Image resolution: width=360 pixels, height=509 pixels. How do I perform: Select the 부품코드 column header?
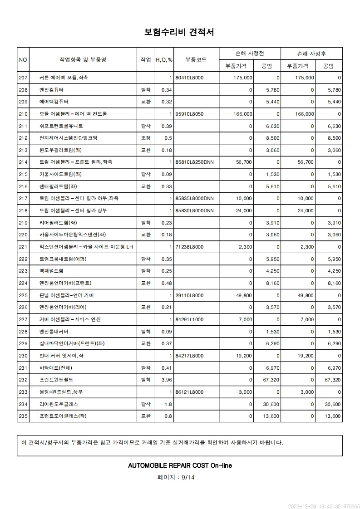tap(196, 59)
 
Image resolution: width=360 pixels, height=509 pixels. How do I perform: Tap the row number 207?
tap(23, 78)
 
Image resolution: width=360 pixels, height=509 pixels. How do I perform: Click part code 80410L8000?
tap(189, 78)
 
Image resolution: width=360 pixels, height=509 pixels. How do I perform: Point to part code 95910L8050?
tap(189, 114)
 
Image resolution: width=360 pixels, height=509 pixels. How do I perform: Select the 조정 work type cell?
tap(146, 138)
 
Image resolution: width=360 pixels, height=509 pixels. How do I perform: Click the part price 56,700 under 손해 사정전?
tap(243, 162)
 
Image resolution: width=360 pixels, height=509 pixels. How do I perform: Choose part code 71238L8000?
tap(189, 247)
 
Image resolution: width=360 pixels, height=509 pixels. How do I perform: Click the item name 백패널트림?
tap(51, 271)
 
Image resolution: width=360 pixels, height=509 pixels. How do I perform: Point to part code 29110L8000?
tap(189, 295)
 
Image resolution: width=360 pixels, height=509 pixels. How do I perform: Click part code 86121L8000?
tap(189, 392)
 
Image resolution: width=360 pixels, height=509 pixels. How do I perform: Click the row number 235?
tap(23, 416)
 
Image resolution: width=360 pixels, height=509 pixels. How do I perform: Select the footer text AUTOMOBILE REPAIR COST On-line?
tap(180, 465)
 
